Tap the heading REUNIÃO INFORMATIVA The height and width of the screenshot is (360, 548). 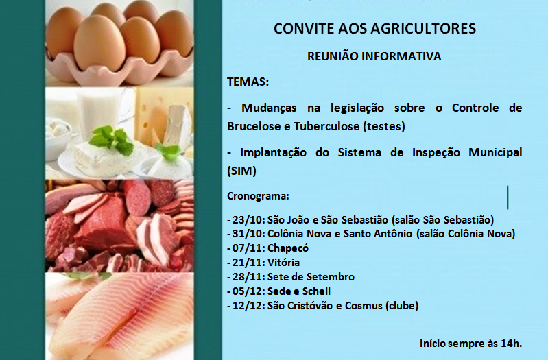click(x=374, y=56)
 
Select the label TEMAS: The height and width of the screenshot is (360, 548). click(x=248, y=82)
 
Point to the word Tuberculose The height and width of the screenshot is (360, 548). click(x=326, y=125)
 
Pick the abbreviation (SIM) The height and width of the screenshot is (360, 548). click(x=242, y=171)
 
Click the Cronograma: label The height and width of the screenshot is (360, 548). click(x=258, y=196)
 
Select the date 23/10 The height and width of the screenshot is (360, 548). click(x=248, y=220)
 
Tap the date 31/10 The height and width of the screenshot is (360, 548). click(x=248, y=233)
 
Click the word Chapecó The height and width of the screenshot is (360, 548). click(x=288, y=248)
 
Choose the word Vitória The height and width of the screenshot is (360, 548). click(x=283, y=262)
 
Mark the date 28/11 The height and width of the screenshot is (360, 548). click(x=248, y=277)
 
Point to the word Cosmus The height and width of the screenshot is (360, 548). click(x=364, y=305)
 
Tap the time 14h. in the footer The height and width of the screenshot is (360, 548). click(x=511, y=344)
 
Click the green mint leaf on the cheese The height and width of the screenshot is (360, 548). click(x=111, y=140)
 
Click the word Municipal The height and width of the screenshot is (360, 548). click(x=495, y=152)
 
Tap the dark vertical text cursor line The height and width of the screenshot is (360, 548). click(x=508, y=197)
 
